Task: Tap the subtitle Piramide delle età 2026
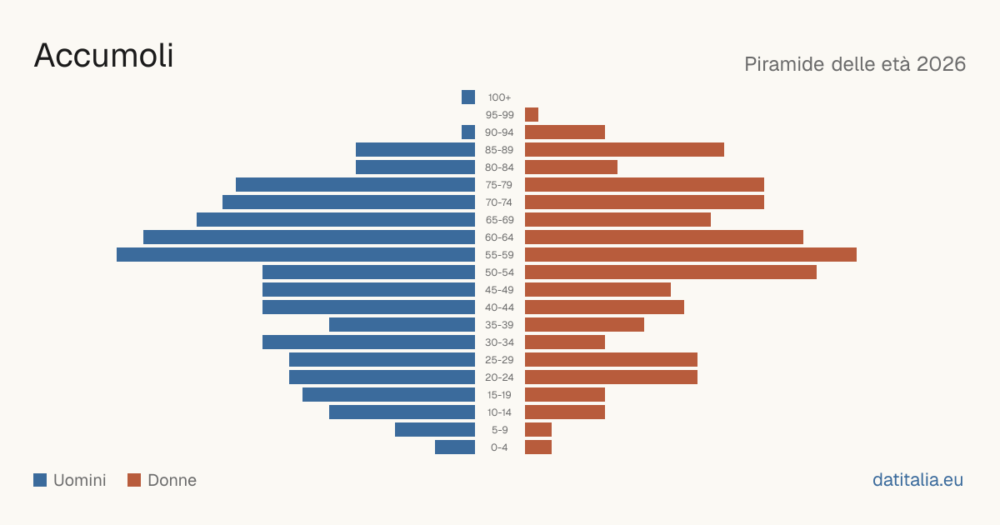tap(855, 64)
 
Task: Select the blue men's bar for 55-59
tap(296, 254)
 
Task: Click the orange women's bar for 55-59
tap(691, 254)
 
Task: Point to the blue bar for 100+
tap(468, 97)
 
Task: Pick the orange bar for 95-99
tap(532, 114)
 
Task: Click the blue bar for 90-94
tap(468, 132)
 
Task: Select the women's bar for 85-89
tap(624, 149)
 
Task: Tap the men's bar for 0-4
tap(455, 447)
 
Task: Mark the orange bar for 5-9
tap(538, 429)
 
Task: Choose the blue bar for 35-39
tap(402, 324)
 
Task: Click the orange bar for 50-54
tap(671, 272)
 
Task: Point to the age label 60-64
tap(499, 237)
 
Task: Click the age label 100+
tap(499, 97)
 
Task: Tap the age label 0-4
tap(499, 447)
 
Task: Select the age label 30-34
tap(499, 342)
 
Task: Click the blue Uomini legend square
tap(40, 480)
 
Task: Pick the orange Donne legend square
tap(134, 480)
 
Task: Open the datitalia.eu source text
tap(917, 480)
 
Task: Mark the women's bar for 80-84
tap(571, 167)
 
